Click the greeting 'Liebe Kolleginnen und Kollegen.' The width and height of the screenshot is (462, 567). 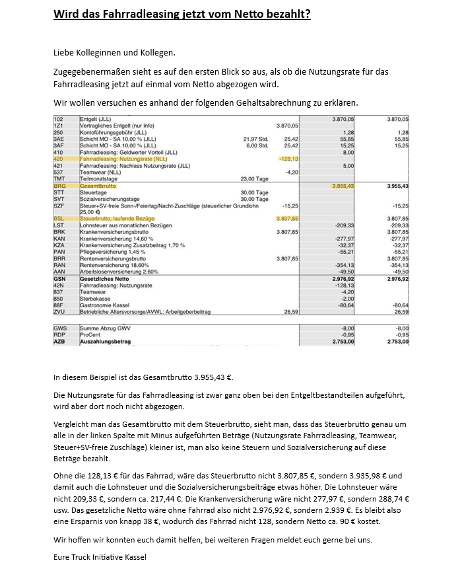click(x=115, y=52)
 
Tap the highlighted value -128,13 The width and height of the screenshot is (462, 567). click(x=288, y=159)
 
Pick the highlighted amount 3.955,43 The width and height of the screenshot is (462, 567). click(x=342, y=186)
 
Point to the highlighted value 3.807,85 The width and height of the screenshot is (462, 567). click(x=288, y=217)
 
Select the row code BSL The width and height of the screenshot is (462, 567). click(x=59, y=217)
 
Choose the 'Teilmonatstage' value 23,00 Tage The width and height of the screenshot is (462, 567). click(x=255, y=178)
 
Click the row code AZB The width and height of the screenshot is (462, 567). click(x=59, y=342)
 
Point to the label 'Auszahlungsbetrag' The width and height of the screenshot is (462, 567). click(x=105, y=342)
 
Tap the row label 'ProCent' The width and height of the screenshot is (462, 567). click(x=89, y=335)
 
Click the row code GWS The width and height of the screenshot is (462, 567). click(x=59, y=328)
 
